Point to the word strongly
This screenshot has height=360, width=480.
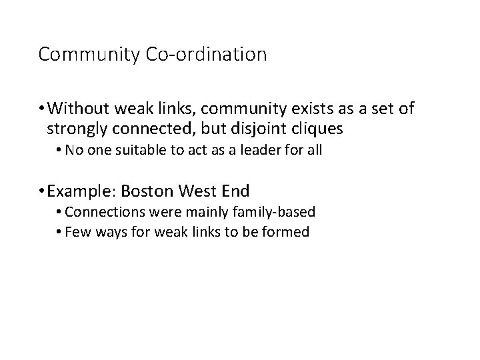75,126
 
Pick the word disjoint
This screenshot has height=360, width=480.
251,126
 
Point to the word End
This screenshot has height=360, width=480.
234,191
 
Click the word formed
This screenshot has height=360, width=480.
287,233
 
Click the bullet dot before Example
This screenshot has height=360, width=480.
42,192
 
